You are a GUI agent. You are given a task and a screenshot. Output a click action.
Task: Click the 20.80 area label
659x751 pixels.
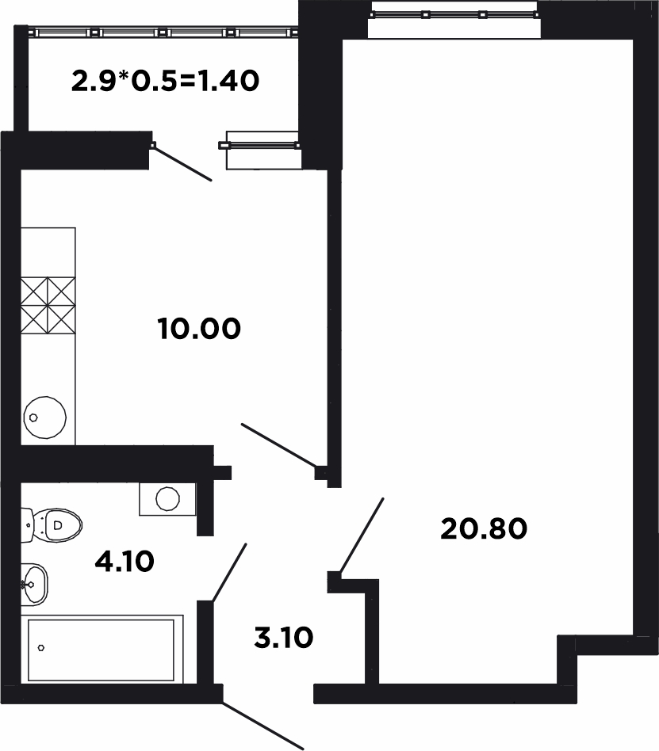point(484,528)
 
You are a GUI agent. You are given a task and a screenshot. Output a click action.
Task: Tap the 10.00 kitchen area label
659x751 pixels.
point(199,329)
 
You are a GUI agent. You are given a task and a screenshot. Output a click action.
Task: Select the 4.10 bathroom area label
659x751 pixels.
point(125,561)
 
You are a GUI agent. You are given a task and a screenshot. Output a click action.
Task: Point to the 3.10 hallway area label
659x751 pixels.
point(283,638)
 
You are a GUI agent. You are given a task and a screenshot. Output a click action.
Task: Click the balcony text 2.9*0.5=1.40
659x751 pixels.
point(166,81)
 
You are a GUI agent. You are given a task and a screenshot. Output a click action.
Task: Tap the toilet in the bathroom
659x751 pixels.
point(52,525)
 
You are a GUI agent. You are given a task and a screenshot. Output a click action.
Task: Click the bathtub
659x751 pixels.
point(102,650)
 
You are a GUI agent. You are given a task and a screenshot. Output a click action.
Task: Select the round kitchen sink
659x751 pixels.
point(45,417)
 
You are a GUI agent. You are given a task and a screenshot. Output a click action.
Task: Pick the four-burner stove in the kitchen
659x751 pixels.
point(48,305)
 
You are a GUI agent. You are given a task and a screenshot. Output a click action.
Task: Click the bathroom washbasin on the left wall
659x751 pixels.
point(34,585)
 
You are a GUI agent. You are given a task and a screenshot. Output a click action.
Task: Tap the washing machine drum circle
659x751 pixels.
point(168,498)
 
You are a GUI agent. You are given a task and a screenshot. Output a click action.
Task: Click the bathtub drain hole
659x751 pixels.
point(41,648)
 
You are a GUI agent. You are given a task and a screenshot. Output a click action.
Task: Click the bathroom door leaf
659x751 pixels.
point(229,572)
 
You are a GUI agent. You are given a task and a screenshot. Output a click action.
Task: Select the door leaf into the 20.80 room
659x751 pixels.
point(361,535)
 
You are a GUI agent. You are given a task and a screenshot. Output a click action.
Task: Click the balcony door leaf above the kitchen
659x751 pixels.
point(182,163)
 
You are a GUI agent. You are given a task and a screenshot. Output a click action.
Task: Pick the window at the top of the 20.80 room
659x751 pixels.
point(454,15)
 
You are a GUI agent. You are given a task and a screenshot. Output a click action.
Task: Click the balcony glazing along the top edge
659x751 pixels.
point(163,32)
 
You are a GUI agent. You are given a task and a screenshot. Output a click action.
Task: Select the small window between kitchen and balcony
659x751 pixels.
point(259,145)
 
